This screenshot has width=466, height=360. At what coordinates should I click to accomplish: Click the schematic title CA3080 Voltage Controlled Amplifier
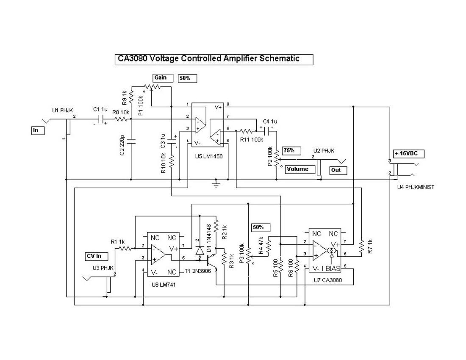[214, 59]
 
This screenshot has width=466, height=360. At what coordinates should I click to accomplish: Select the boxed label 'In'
[36, 130]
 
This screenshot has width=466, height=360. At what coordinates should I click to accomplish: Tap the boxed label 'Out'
[338, 171]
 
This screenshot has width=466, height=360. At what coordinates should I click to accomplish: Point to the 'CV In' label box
[97, 256]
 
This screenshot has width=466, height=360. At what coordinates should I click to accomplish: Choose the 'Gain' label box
[163, 78]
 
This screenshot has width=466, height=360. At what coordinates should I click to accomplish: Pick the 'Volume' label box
[300, 169]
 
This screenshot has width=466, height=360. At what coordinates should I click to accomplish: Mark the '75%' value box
[292, 150]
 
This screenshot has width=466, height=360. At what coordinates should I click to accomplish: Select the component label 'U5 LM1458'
[209, 156]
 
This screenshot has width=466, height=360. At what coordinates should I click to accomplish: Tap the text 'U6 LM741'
[164, 285]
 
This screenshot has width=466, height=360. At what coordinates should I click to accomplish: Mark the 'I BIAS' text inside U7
[332, 269]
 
